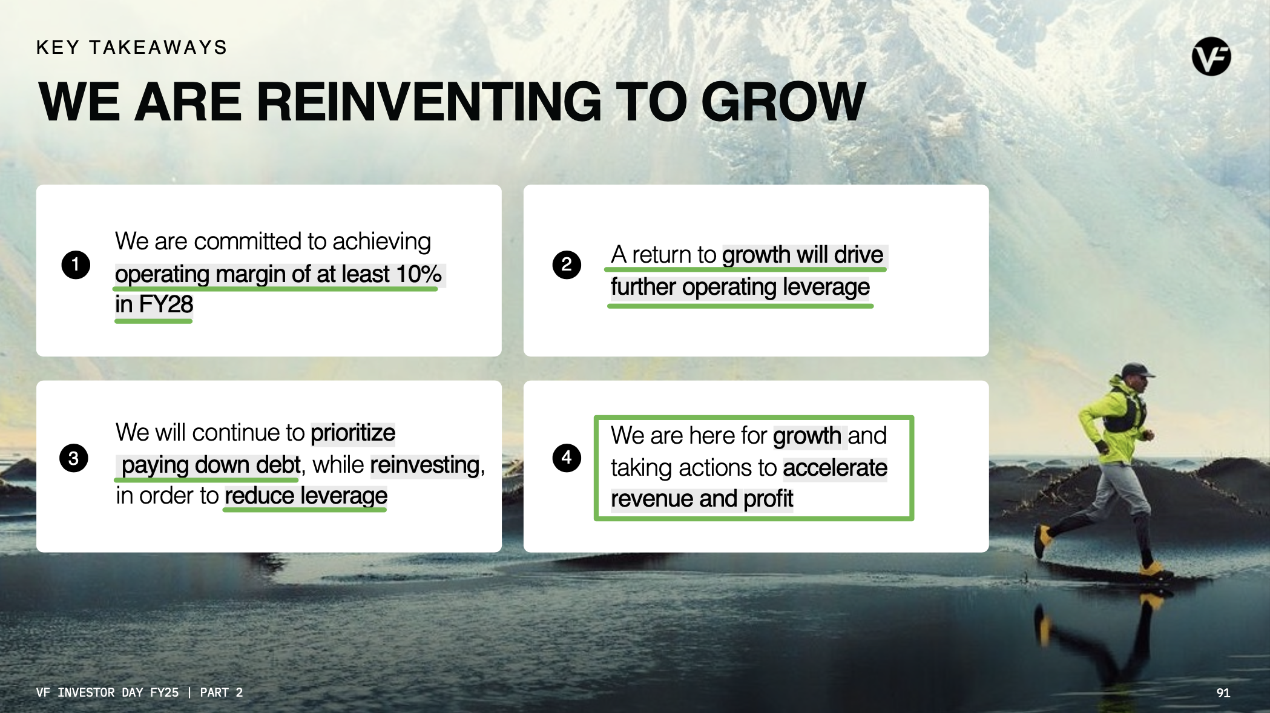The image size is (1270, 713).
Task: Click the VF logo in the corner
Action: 1211,56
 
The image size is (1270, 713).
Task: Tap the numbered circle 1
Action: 76,264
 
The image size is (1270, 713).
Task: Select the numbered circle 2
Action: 567,264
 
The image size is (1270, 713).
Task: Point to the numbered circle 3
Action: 74,458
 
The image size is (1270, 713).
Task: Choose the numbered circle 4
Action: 567,458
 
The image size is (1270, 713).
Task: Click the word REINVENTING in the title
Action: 429,101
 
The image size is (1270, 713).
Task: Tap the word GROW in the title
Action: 783,101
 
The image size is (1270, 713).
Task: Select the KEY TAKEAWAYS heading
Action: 132,47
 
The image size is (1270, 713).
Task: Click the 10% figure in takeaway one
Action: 419,274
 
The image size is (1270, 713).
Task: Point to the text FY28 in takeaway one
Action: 166,304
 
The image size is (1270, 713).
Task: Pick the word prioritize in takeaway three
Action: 353,433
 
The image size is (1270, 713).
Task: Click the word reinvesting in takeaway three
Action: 425,465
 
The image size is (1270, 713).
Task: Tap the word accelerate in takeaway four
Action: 835,468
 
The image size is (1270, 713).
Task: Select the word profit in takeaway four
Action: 768,499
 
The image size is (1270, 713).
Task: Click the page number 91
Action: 1223,692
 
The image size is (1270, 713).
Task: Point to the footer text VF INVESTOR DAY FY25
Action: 108,692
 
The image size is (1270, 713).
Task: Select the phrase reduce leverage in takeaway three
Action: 306,496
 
